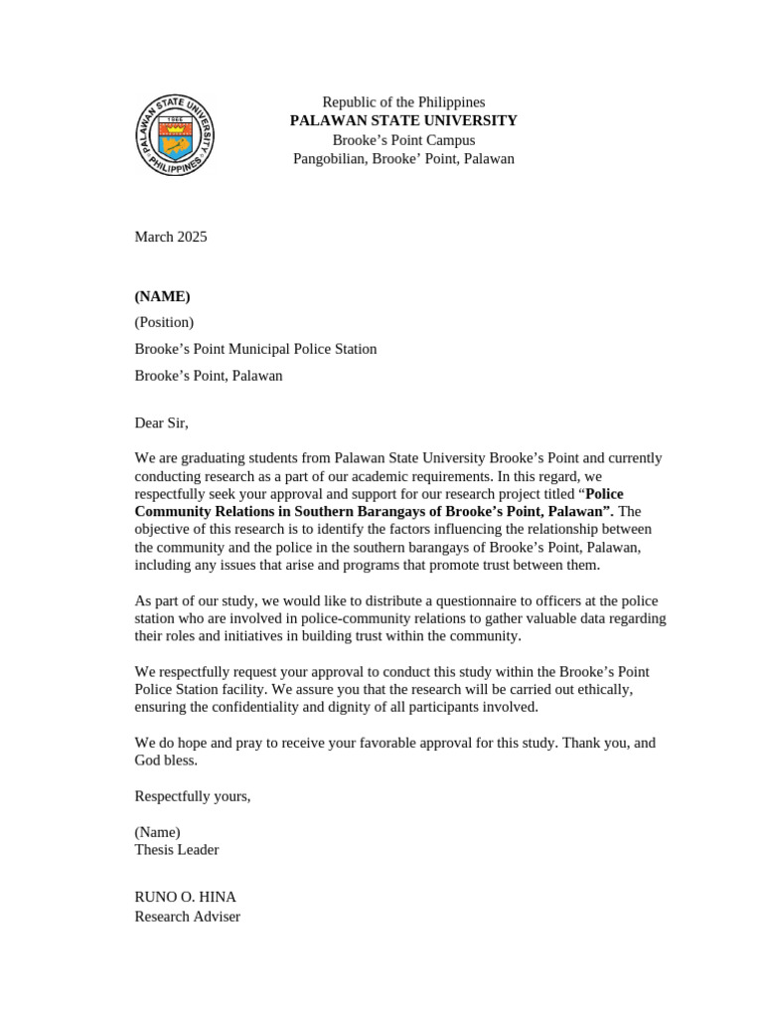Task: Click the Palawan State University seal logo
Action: tap(175, 135)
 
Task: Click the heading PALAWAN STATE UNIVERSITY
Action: tap(403, 120)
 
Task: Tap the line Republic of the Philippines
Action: tap(403, 102)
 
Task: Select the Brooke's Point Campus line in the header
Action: tap(403, 140)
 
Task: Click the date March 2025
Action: tap(171, 237)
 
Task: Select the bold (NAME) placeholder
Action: tap(162, 296)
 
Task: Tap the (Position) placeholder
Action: tap(164, 322)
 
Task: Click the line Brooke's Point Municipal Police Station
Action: tap(255, 349)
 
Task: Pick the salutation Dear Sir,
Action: tap(161, 423)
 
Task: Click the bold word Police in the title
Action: tap(604, 494)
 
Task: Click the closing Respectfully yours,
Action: tap(193, 796)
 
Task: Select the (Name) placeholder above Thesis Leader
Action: tap(157, 832)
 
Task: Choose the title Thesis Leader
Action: tap(177, 850)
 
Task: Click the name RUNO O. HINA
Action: tap(185, 897)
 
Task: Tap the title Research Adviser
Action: tap(187, 917)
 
